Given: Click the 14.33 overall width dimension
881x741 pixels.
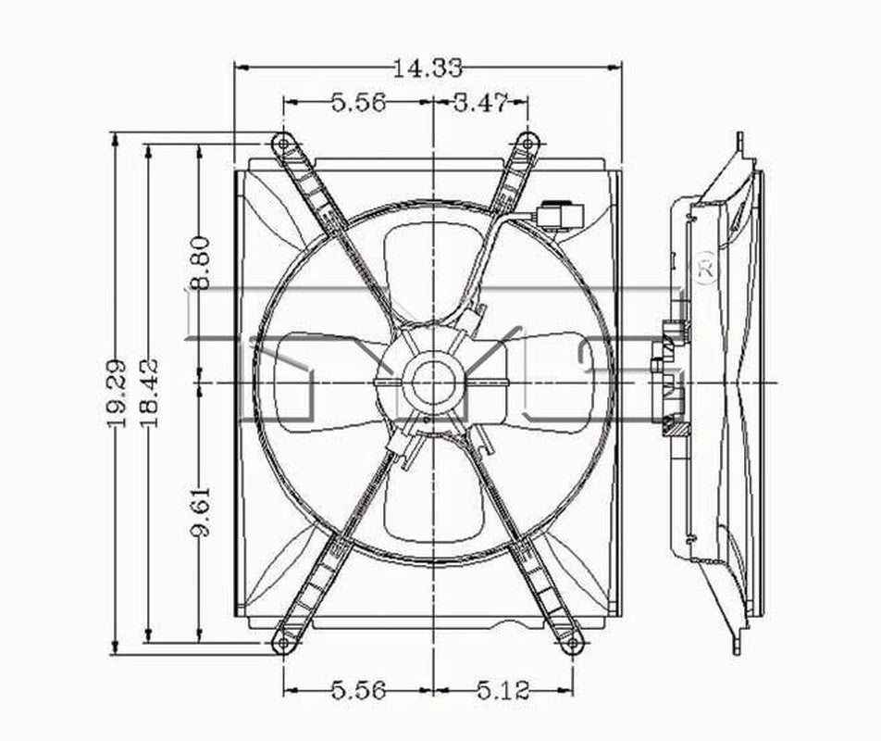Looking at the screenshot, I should pos(427,69).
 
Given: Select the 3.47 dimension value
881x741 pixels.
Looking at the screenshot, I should pos(480,103).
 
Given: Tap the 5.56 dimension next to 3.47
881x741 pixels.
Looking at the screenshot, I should pos(359,103).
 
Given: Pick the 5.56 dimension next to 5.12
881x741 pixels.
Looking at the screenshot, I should pos(359,691).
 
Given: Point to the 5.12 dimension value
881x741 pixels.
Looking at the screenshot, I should pos(503,691).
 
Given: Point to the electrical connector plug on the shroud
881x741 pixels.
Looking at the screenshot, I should pos(560,216).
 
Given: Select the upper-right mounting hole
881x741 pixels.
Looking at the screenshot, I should pos(527,143).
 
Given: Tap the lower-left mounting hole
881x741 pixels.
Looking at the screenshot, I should pos(284,642).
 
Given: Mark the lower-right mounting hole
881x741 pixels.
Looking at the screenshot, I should pos(573,642).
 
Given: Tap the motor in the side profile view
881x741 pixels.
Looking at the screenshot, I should pos(670,380).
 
